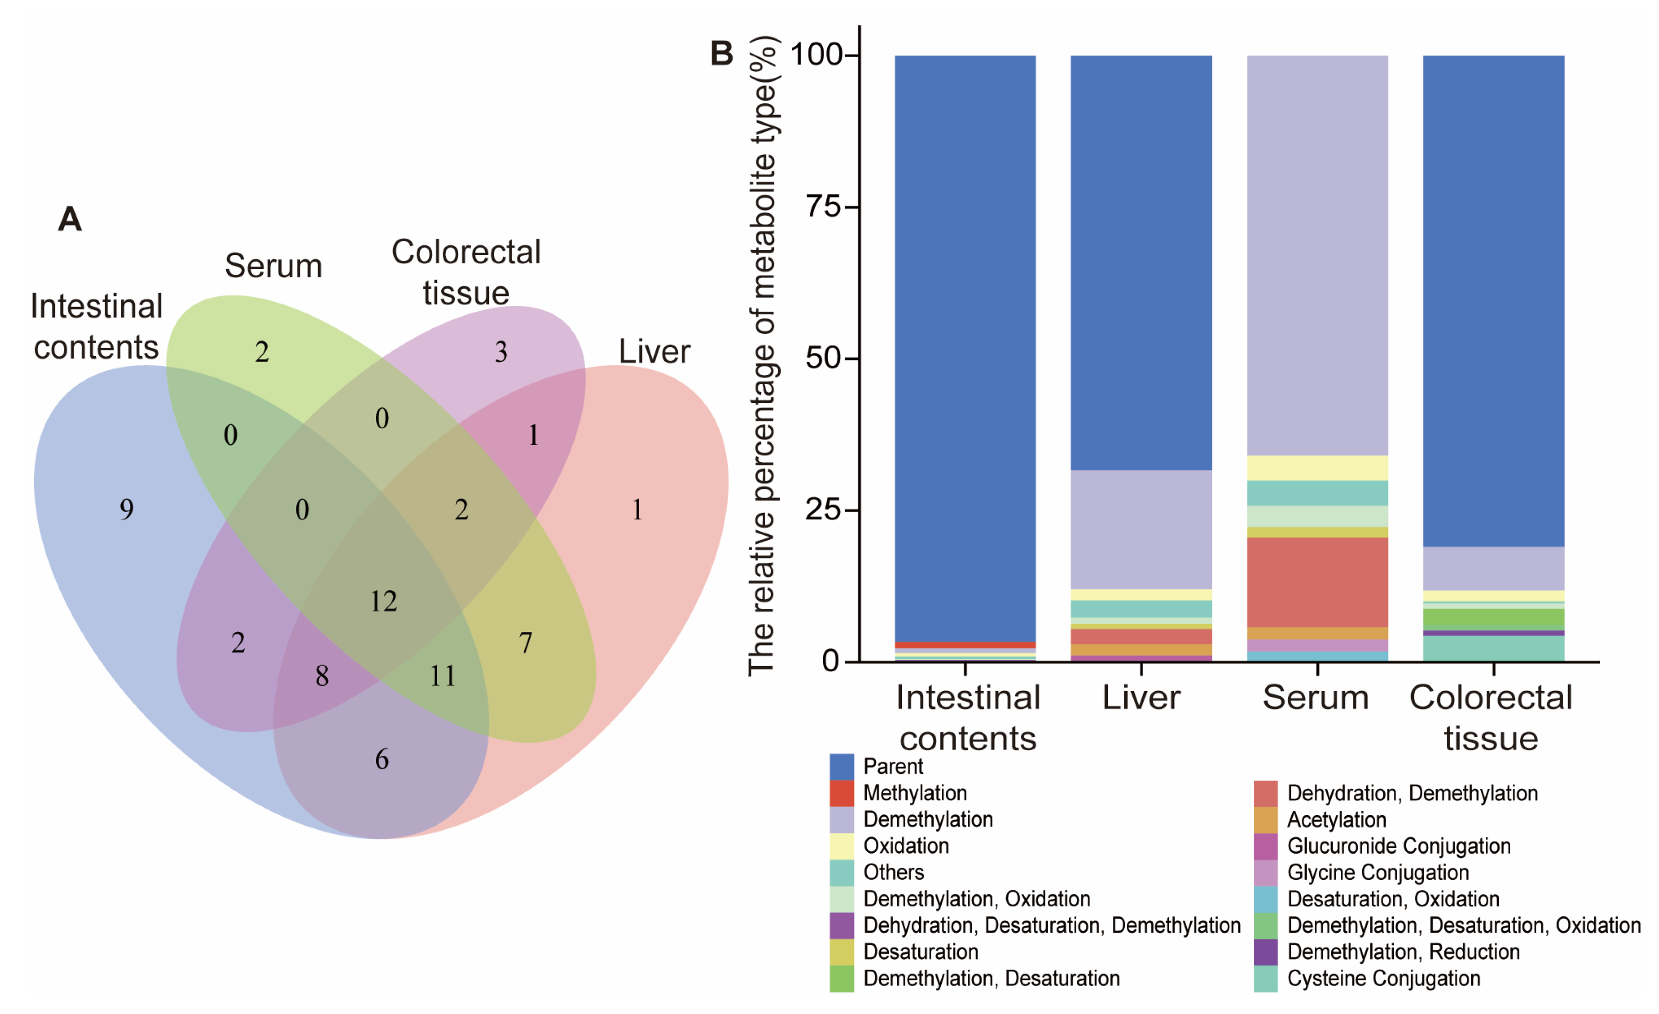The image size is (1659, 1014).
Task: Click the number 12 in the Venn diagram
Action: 384,601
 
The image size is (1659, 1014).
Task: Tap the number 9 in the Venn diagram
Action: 127,510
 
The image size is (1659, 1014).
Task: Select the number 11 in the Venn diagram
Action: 442,676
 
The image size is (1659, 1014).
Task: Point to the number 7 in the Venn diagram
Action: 526,643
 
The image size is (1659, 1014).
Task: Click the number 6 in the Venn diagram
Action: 382,759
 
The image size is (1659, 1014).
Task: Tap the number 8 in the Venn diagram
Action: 322,676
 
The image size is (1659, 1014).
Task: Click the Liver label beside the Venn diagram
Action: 654,351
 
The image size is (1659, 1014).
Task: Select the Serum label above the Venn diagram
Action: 273,266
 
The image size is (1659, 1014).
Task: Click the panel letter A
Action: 70,219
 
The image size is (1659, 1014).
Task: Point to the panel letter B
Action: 722,54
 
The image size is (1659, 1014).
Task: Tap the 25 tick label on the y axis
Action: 823,510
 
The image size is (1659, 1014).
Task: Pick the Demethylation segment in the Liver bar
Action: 1141,530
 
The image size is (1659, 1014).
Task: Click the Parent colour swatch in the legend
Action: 842,766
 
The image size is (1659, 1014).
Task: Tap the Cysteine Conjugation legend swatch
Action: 1266,978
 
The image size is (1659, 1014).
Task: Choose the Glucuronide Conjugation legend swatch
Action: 1266,846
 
